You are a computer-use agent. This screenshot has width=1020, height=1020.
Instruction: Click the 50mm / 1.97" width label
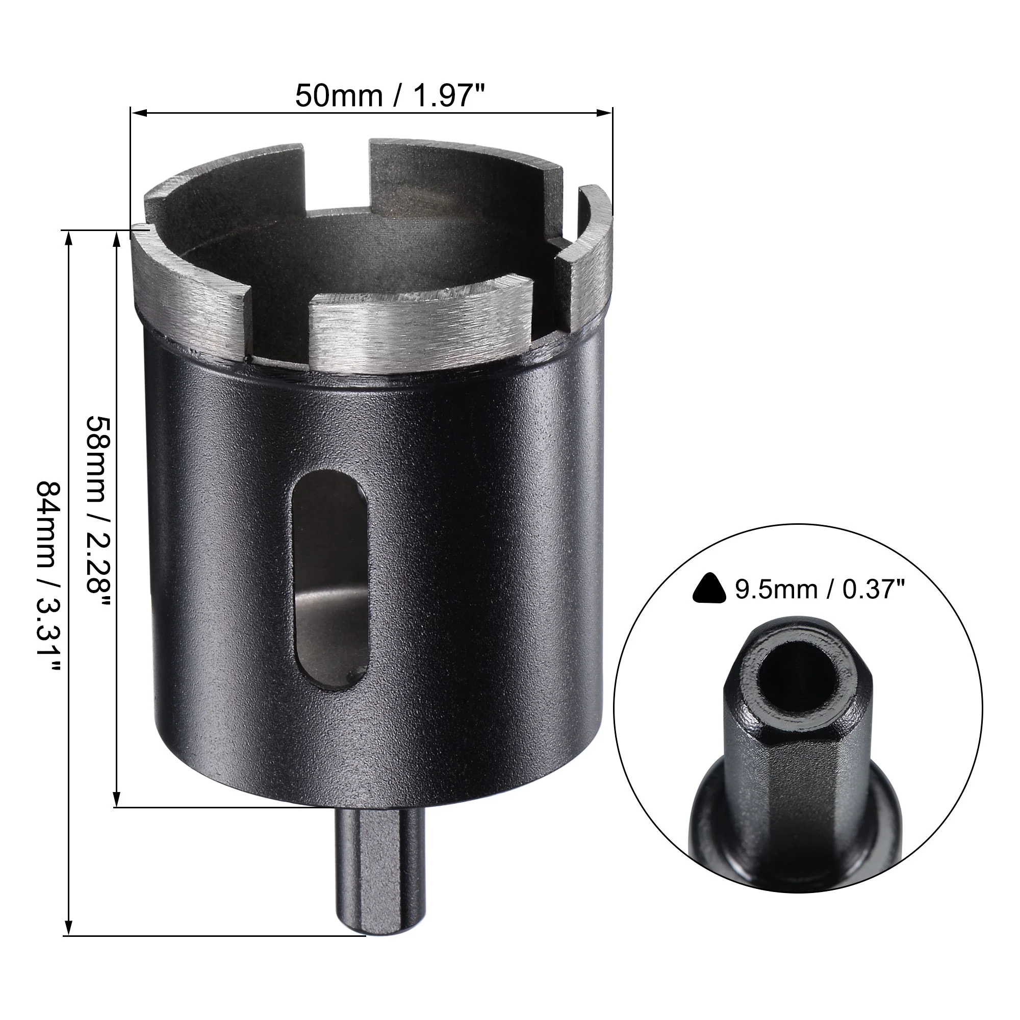coord(390,96)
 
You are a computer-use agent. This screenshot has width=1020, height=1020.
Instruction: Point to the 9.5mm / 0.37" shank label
coord(820,589)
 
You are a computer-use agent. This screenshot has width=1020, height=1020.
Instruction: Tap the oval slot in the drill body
coord(329,580)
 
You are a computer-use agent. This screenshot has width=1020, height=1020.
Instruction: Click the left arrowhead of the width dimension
coord(137,112)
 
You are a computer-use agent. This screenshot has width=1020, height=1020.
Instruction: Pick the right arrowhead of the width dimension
coord(605,112)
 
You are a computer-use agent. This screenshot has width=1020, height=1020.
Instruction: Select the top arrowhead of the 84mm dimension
coord(69,239)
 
